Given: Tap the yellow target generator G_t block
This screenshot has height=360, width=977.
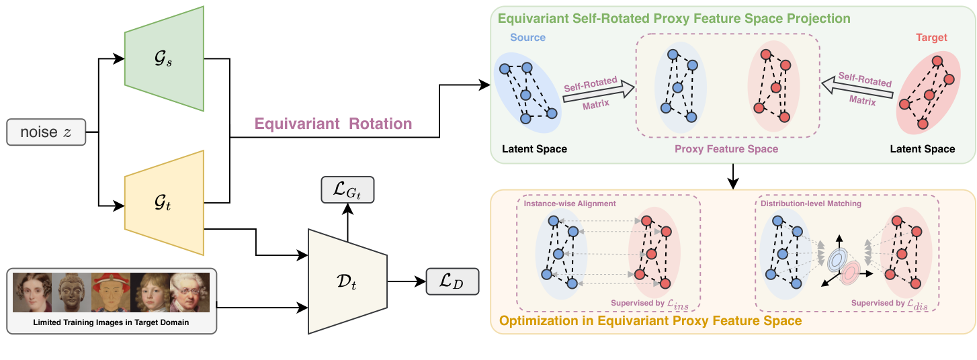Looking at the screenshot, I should click(x=164, y=204).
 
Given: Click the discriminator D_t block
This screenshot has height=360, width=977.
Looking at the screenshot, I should click(x=347, y=280).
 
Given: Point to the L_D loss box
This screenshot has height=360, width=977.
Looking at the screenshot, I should click(x=452, y=282).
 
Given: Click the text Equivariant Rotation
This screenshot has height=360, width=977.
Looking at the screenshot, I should click(x=333, y=124).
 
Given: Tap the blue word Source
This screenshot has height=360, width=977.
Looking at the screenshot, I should click(x=527, y=38).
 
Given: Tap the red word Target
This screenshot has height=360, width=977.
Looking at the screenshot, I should click(x=931, y=38).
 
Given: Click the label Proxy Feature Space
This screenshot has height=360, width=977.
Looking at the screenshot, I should click(x=726, y=149).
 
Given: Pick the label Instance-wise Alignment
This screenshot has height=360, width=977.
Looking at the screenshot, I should click(x=570, y=204).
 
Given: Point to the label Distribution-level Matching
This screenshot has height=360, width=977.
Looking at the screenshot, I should click(x=810, y=204).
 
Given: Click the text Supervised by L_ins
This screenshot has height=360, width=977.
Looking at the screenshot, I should click(x=654, y=303).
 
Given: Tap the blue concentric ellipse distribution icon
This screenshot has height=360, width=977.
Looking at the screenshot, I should click(x=837, y=259).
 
